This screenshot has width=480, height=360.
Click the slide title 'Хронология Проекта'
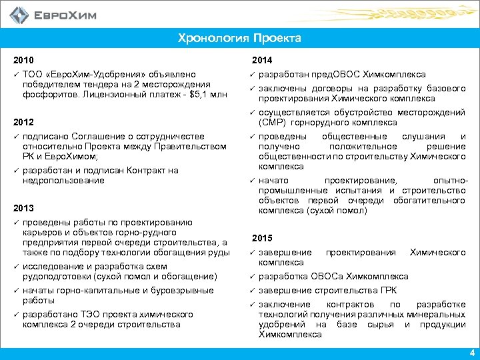coord(239,38)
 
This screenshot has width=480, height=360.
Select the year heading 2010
coord(23,60)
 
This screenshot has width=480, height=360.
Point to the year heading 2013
coord(23,208)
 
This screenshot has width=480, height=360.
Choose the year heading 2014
coord(262,60)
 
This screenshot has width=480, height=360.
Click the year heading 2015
coord(262,239)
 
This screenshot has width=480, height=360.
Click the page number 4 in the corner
coord(471,353)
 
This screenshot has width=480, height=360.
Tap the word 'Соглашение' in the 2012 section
coord(99,137)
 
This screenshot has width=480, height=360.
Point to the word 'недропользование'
coord(63,180)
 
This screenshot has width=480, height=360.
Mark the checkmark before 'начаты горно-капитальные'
coord(15,290)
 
